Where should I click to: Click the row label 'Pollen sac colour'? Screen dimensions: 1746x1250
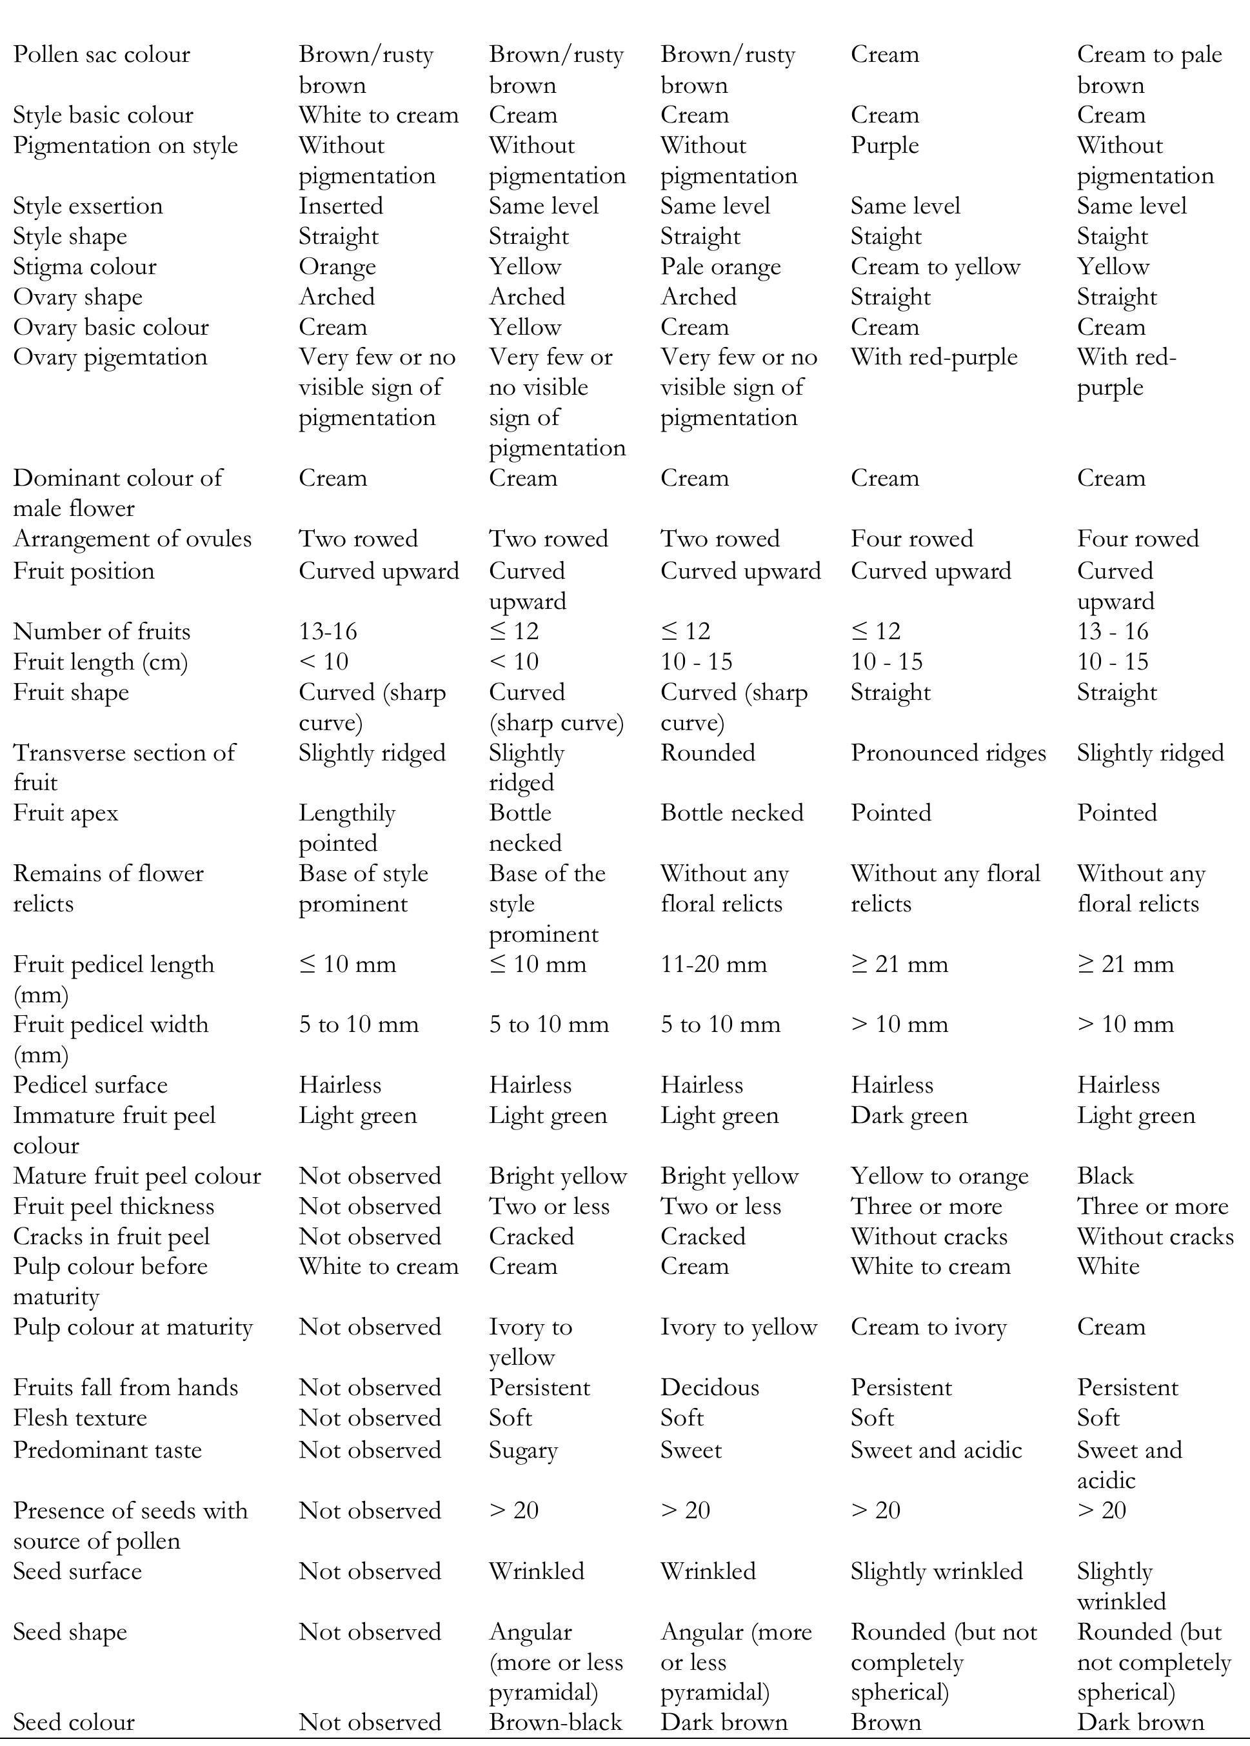(x=102, y=55)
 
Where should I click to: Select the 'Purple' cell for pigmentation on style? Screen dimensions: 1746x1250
(x=884, y=145)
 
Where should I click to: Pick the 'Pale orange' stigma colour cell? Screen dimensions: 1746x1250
(x=720, y=267)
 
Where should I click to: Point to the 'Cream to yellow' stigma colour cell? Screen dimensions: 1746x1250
(x=935, y=267)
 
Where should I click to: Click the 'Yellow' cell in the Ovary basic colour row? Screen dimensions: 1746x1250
(x=525, y=327)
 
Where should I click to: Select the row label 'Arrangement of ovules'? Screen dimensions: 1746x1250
(x=132, y=539)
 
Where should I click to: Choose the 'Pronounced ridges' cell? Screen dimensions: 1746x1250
(x=948, y=753)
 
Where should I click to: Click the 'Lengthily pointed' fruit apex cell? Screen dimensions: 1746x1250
(x=347, y=828)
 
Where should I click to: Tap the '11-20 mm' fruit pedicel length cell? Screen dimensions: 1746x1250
(x=713, y=964)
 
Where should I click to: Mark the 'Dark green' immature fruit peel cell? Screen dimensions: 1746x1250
(x=909, y=1115)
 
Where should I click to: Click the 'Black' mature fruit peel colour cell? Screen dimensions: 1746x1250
(x=1106, y=1176)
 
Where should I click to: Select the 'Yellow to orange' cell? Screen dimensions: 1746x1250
(x=939, y=1176)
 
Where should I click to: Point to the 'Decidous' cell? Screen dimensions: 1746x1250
(x=709, y=1387)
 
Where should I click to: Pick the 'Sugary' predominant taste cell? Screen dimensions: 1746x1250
(x=522, y=1451)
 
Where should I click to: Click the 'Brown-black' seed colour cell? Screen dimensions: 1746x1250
(x=555, y=1721)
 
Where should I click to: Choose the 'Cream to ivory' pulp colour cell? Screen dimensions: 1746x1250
(x=928, y=1327)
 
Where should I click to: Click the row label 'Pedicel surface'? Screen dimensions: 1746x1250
(x=90, y=1085)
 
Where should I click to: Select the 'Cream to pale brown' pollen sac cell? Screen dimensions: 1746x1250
(x=1149, y=69)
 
